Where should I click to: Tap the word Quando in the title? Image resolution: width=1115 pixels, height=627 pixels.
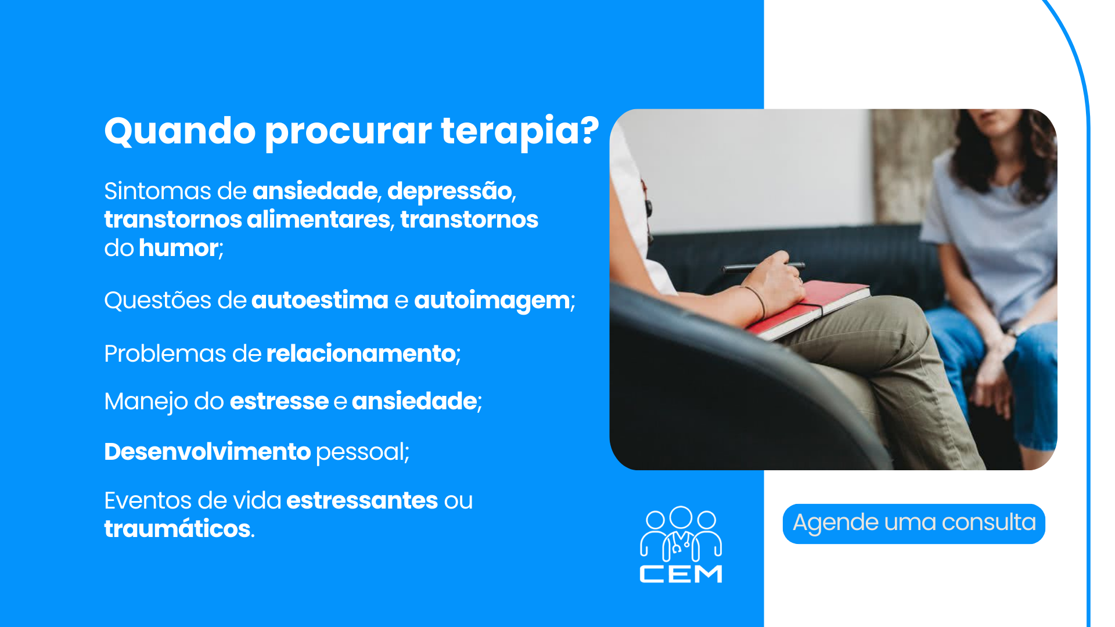click(180, 131)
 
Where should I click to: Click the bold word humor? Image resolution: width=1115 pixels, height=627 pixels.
click(178, 248)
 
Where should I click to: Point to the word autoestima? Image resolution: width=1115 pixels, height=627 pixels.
click(319, 300)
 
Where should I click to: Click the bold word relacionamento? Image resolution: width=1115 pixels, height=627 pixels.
click(361, 354)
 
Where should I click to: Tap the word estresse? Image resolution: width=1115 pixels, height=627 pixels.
click(279, 401)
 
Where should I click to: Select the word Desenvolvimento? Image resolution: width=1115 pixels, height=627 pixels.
click(207, 452)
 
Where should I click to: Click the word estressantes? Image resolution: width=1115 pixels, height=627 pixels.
click(362, 500)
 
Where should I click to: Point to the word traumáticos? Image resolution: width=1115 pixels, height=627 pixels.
click(177, 529)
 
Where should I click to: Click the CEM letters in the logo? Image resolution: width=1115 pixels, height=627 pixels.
click(681, 574)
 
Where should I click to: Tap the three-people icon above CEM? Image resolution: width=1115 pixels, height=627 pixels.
click(681, 533)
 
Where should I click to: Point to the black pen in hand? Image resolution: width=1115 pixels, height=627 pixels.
click(763, 267)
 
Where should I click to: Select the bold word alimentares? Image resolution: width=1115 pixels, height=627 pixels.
click(318, 219)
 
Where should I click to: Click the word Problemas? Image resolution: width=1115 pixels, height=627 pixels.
click(165, 354)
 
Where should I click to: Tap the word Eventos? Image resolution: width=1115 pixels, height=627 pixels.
click(148, 500)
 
